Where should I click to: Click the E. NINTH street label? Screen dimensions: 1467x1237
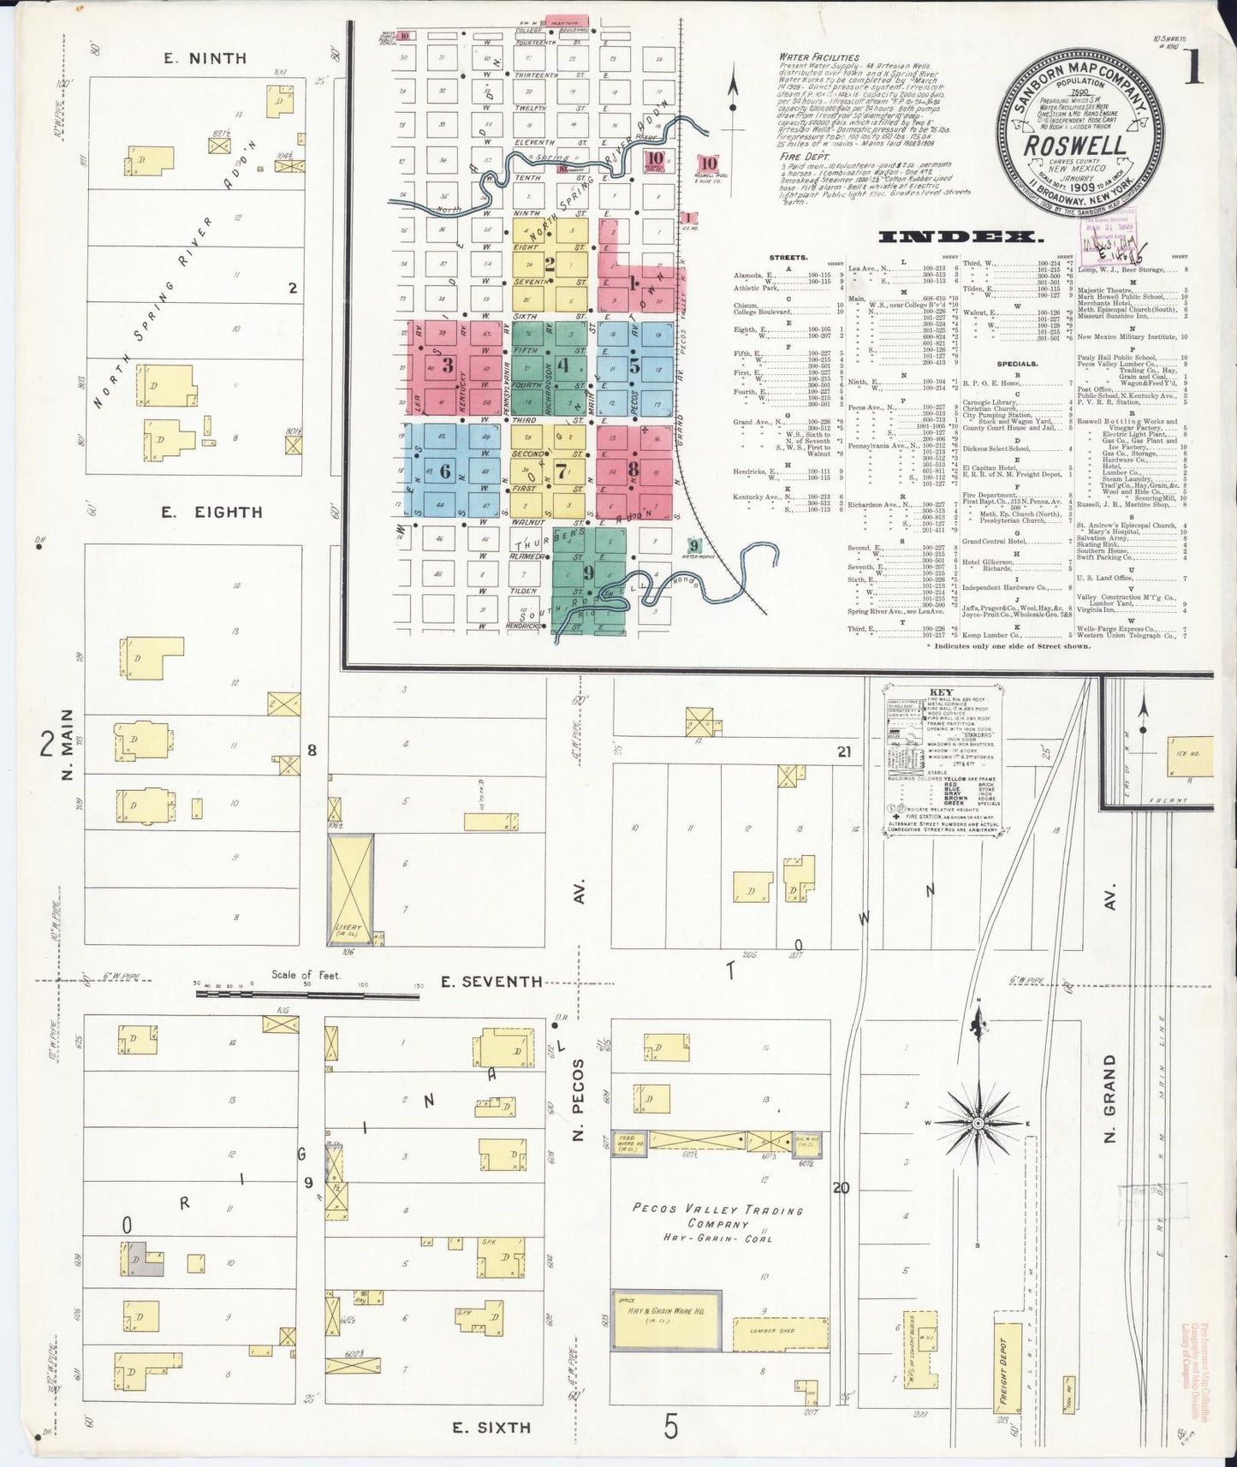(x=205, y=58)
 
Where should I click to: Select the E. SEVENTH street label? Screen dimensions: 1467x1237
(x=491, y=982)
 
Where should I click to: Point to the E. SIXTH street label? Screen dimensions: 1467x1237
(x=491, y=1427)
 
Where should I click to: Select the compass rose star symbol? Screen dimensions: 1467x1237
(x=977, y=1123)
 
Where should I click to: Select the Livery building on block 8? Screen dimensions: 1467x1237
(x=351, y=890)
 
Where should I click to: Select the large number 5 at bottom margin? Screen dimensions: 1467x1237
(x=671, y=1427)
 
